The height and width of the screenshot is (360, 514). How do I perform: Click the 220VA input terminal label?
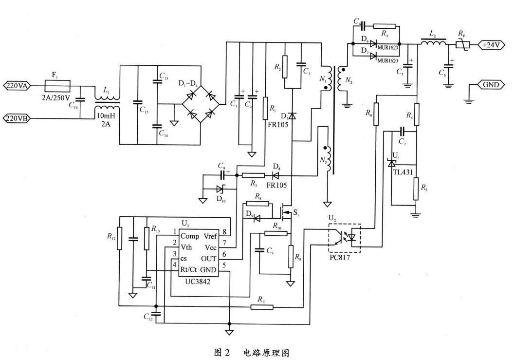click(17, 86)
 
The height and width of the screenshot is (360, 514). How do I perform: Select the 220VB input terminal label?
click(17, 118)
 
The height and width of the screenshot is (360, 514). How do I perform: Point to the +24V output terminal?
click(491, 45)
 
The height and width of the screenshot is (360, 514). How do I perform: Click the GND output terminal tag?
click(491, 85)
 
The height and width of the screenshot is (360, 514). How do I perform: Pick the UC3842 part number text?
click(198, 282)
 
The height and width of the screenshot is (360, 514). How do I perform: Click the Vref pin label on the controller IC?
click(210, 236)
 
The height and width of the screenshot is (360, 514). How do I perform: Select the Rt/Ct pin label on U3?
click(188, 270)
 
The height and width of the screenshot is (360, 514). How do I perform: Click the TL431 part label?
click(403, 172)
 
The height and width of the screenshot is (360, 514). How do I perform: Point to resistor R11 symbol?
click(262, 307)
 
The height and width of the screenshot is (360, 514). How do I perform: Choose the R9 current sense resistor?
click(291, 256)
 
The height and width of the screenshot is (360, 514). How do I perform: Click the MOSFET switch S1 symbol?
click(284, 213)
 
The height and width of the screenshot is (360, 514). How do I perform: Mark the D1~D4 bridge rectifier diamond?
click(201, 104)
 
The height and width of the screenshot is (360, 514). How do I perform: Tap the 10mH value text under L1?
click(106, 116)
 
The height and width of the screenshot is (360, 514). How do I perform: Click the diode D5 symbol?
click(292, 115)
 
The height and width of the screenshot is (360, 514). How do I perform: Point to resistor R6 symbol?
click(376, 114)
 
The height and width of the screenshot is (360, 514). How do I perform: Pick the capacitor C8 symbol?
click(223, 175)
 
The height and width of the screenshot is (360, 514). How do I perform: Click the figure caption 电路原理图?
click(266, 353)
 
